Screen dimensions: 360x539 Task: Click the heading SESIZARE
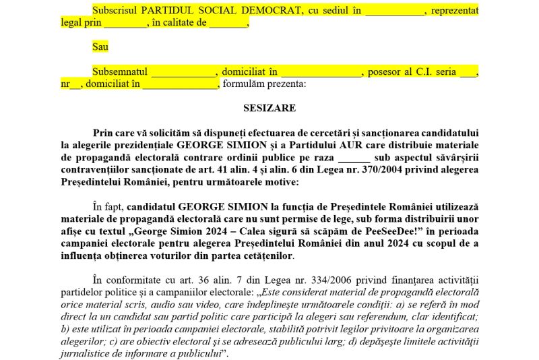(269, 107)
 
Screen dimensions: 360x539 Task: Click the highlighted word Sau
(100, 47)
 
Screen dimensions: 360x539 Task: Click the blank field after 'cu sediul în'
(395, 11)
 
